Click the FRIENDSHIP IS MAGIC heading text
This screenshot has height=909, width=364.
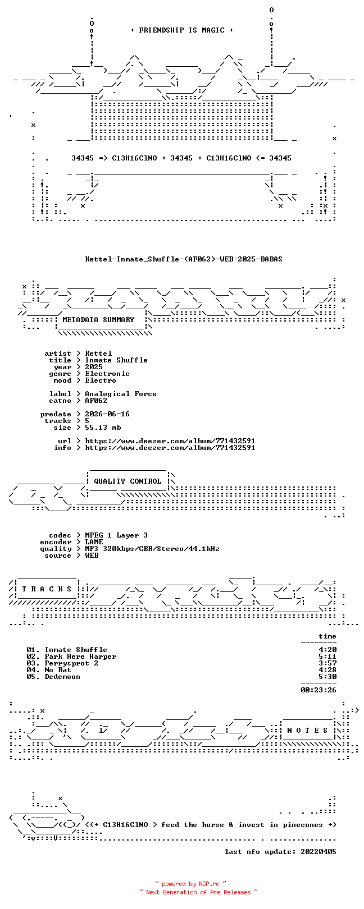181,30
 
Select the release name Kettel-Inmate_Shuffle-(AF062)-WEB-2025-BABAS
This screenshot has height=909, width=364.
184,259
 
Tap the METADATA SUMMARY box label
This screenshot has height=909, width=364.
98,319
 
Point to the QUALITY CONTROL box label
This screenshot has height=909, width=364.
128,481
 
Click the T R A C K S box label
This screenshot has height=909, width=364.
47,589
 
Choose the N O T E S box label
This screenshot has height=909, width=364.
307,731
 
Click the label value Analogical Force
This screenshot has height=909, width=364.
121,394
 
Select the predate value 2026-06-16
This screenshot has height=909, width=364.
107,414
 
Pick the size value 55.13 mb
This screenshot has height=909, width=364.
103,428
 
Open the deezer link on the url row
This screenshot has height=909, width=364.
170,440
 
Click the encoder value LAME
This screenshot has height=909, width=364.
94,541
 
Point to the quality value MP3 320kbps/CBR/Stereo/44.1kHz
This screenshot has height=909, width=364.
152,549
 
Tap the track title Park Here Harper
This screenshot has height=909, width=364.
80,656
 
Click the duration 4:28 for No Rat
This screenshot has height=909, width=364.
327,669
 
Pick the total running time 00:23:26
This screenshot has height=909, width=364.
319,690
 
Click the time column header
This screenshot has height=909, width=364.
327,636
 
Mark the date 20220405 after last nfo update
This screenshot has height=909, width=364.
319,851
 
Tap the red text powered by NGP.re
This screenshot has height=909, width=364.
190,884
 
